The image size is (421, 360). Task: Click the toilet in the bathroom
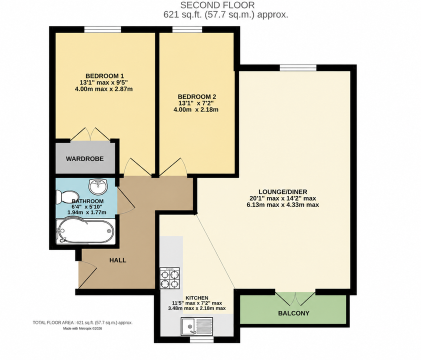point(66,197)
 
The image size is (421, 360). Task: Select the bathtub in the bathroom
point(85,231)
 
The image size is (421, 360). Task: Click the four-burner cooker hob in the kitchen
point(169,278)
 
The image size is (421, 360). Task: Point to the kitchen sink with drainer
point(197,326)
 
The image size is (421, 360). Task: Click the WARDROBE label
point(85,158)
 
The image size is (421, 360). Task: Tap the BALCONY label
point(293,313)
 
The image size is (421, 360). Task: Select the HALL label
point(117,260)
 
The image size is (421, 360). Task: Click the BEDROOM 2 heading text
point(197,96)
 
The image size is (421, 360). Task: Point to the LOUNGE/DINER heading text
point(282,191)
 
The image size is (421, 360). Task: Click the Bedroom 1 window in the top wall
point(102,29)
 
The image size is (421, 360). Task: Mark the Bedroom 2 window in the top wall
point(187,29)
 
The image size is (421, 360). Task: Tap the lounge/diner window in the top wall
point(298,67)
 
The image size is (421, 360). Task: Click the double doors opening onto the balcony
point(295,298)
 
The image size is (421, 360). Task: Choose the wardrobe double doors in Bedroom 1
point(90,134)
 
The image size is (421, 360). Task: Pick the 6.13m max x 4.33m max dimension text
point(282,205)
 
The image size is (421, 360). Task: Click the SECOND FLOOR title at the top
point(217,5)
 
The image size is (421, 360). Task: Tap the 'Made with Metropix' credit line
point(82,328)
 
